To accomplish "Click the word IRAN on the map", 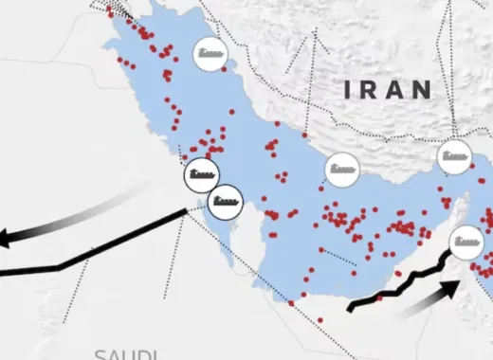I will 388,90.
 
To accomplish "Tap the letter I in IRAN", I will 349,90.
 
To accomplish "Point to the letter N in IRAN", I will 423,90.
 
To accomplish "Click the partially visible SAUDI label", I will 125,354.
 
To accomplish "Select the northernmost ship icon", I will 210,54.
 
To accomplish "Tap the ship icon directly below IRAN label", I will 342,170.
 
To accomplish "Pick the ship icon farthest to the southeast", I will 467,243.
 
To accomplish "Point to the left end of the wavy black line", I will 350,307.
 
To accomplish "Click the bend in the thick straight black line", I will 60,266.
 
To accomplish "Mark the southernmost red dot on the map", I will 320,320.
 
